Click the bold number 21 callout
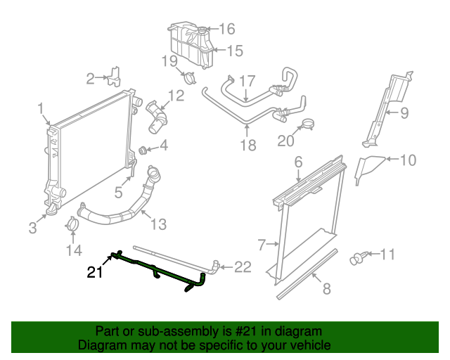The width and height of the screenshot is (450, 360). tap(95, 272)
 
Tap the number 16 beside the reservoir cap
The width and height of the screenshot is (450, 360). tap(227, 29)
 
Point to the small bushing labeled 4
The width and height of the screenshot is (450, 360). tap(143, 150)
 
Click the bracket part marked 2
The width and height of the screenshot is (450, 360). tap(114, 77)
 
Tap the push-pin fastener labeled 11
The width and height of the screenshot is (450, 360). tap(358, 257)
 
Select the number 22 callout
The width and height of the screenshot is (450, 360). tap(243, 267)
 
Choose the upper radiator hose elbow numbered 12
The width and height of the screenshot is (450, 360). tap(156, 117)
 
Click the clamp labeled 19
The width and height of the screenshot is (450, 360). tap(189, 77)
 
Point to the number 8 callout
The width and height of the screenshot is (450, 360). tap(326, 288)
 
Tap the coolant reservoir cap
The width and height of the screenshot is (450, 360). tap(202, 30)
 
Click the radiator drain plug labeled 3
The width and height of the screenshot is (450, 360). tap(51, 210)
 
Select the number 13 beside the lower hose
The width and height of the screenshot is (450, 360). tap(158, 224)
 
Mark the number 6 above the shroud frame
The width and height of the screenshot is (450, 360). tap(298, 162)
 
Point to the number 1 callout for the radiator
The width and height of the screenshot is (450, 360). tap(41, 109)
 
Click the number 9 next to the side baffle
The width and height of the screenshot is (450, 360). tap(404, 113)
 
